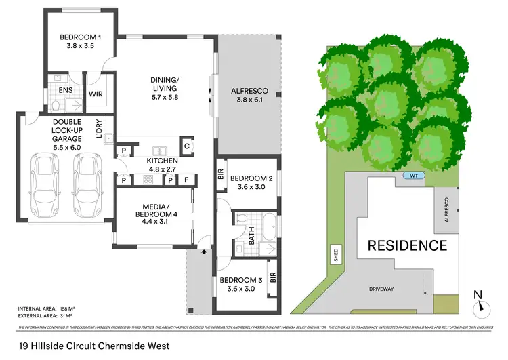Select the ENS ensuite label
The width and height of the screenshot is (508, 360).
coord(66,89)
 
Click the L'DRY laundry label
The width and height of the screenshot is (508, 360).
coord(99,129)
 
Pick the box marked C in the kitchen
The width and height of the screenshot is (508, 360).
coord(186,144)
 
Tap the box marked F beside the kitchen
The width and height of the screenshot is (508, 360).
coord(186,180)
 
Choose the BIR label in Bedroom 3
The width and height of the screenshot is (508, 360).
coord(273,278)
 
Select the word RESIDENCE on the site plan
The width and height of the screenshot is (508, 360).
coord(407,245)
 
